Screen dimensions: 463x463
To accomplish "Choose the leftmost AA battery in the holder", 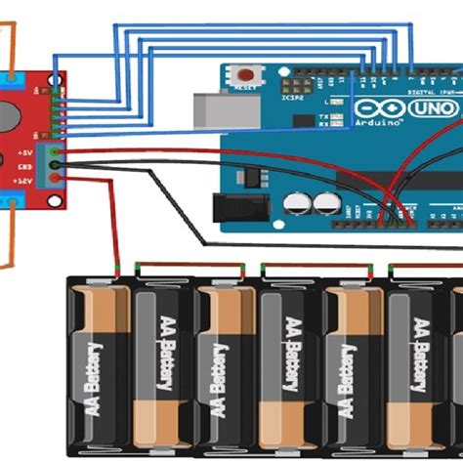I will [x=98, y=366].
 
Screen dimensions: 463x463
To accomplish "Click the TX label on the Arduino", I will [x=322, y=114].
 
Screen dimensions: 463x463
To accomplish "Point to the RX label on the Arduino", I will [x=322, y=124].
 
